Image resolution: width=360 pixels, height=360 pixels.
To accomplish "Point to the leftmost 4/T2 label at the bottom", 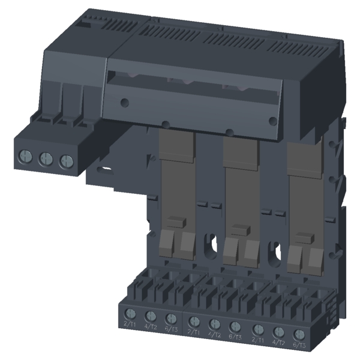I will click(151, 326).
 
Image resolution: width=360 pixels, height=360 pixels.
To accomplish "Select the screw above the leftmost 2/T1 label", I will click(130, 313).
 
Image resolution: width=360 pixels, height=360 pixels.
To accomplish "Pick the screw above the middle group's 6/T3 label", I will click(236, 326).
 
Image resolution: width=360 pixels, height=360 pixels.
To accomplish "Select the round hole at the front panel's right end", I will click(273, 121).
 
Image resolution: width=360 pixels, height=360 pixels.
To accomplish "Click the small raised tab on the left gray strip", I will click(175, 221).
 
